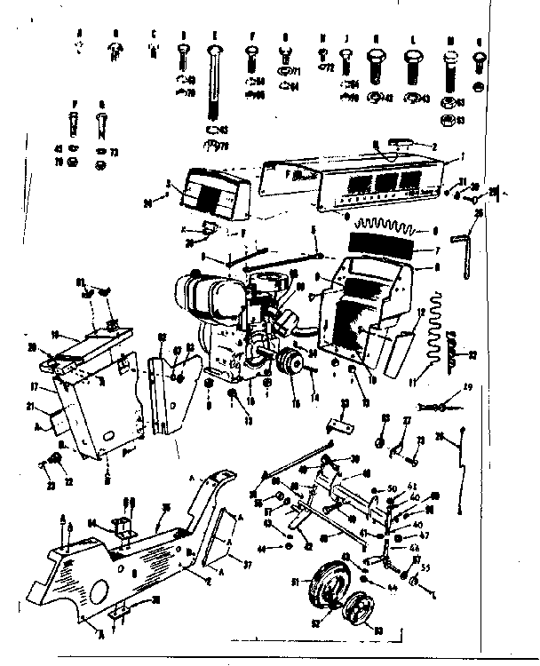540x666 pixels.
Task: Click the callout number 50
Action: (x=393, y=489)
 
